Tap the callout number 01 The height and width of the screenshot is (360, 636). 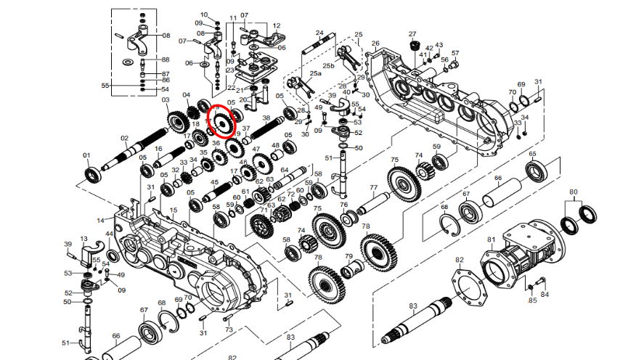tap(86, 155)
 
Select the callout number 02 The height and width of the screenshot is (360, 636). tap(124, 138)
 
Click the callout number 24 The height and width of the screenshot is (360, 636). tap(319, 33)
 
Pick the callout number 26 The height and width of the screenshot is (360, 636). tap(375, 44)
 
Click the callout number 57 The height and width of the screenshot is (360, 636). tap(455, 53)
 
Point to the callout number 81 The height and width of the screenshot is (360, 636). tap(491, 240)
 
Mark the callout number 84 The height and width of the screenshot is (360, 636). tap(545, 294)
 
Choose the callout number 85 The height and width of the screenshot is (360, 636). tap(532, 300)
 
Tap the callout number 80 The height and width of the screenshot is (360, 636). tap(574, 192)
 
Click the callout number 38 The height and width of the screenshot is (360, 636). tap(266, 118)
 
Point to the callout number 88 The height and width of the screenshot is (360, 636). tap(166, 60)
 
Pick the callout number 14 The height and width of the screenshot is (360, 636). tap(101, 220)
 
